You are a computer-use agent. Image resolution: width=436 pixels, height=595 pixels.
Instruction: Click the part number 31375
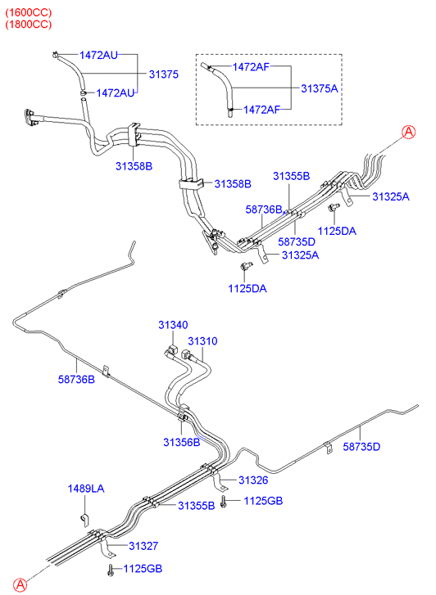pyautogui.click(x=163, y=74)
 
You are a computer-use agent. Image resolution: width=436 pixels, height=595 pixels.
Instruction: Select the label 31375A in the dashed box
pyautogui.click(x=320, y=88)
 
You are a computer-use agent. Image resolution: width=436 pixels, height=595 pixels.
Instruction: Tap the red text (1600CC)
pyautogui.click(x=28, y=12)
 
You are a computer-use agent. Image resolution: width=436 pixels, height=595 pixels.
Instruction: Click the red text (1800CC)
pyautogui.click(x=28, y=25)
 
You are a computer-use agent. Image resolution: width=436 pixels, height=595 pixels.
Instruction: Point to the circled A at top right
pyautogui.click(x=409, y=132)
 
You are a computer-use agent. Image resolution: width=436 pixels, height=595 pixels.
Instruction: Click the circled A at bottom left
pyautogui.click(x=20, y=584)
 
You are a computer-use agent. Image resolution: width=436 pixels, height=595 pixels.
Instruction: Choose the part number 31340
pyautogui.click(x=173, y=325)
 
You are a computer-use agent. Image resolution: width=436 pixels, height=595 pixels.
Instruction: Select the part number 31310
pyautogui.click(x=202, y=341)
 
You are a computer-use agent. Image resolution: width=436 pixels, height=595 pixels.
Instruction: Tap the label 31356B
pyautogui.click(x=182, y=442)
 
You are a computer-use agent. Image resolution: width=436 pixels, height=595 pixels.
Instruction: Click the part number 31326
pyautogui.click(x=253, y=480)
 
